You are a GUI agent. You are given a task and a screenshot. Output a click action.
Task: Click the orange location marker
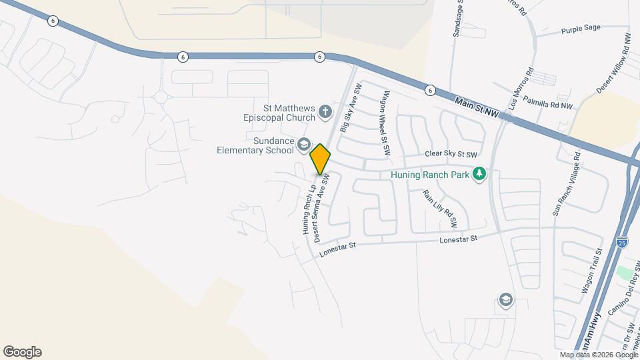[x=320, y=159]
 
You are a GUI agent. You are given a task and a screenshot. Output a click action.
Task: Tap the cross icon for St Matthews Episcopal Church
[x=325, y=111]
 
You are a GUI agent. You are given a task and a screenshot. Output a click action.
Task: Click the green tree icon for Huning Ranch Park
[x=478, y=175]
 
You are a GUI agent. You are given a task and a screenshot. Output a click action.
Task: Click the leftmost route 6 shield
[x=53, y=21]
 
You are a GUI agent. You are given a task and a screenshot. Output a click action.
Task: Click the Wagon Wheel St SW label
[x=385, y=124]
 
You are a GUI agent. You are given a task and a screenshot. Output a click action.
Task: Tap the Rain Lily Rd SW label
[x=440, y=207]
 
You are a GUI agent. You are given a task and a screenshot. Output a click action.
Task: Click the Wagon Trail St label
[x=592, y=271]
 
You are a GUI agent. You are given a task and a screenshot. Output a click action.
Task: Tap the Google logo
[x=22, y=352]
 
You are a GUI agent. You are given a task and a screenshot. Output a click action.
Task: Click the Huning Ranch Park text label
[x=429, y=175]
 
